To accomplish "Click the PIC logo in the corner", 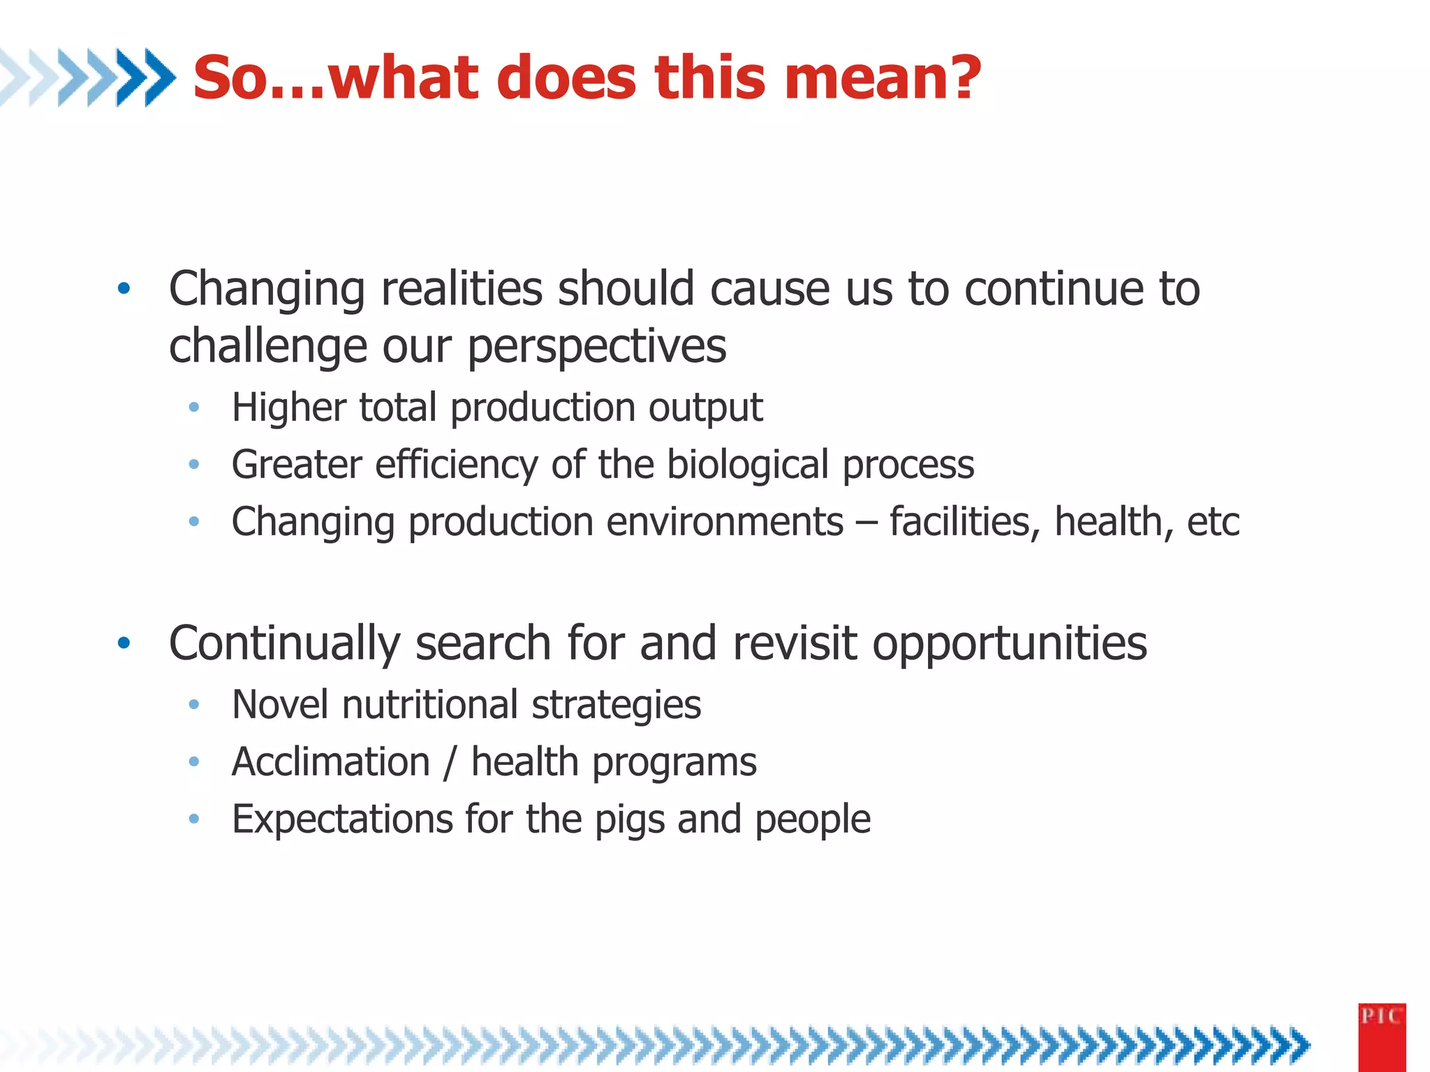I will tap(1381, 1036).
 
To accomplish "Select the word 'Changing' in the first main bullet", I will tap(267, 290).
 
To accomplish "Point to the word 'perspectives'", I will tap(597, 347).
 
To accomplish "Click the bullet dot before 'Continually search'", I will tap(124, 643).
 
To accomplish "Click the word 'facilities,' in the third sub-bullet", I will tap(964, 522).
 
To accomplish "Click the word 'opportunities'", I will tap(1010, 643).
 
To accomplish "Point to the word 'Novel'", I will tap(279, 705).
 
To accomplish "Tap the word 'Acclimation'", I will tap(331, 761).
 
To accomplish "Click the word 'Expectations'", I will tap(342, 819).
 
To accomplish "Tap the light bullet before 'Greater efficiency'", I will tap(194, 464).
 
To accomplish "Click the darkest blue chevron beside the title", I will tap(159, 77).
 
